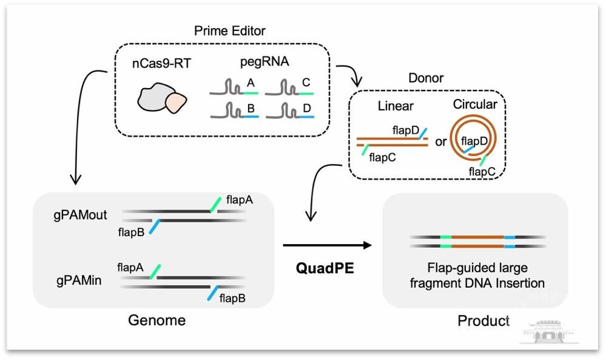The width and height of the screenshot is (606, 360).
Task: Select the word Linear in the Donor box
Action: click(395, 106)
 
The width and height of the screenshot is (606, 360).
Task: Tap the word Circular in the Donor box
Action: click(474, 104)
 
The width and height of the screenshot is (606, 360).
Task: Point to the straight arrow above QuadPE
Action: click(327, 245)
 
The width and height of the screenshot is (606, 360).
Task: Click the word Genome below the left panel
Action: click(157, 320)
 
